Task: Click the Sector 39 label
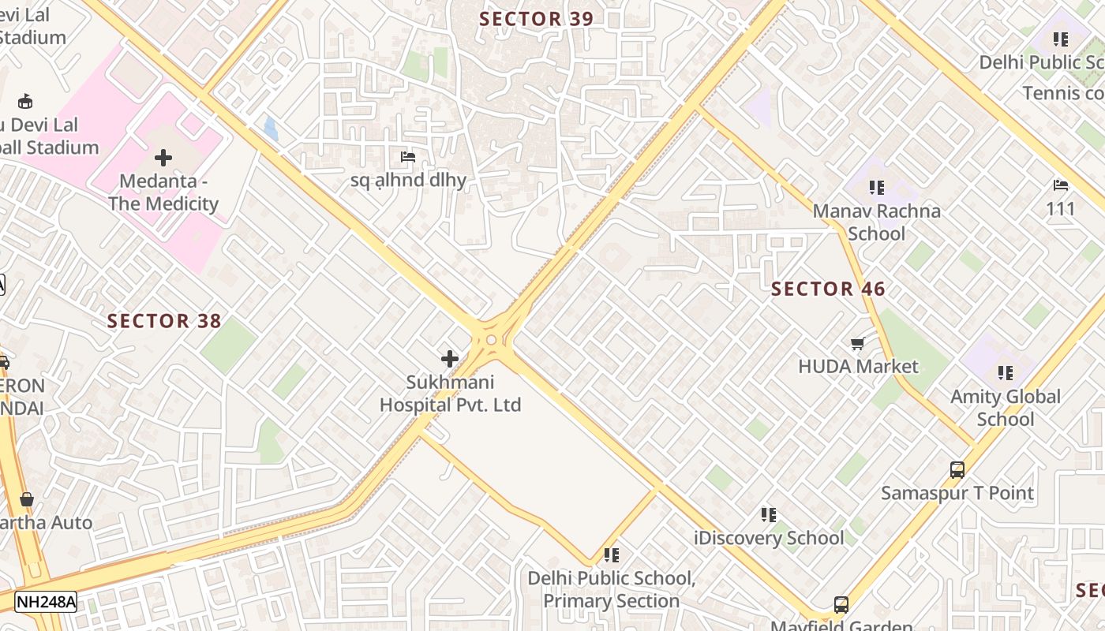click(536, 19)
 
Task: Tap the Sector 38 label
click(164, 321)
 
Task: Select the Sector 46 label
click(828, 289)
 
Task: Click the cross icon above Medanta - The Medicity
click(163, 158)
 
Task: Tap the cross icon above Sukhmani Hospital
click(450, 359)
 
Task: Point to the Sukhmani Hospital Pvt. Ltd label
click(450, 394)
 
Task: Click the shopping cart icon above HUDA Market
click(858, 343)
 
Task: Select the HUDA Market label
click(858, 366)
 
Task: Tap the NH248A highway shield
click(46, 603)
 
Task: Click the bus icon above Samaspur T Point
click(957, 470)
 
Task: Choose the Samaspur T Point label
click(957, 493)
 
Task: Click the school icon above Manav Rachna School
click(877, 188)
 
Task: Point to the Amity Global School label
click(1005, 408)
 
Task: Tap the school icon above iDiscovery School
click(769, 515)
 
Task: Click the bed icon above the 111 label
click(1061, 186)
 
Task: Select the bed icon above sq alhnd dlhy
click(408, 157)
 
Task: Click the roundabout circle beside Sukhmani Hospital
click(492, 340)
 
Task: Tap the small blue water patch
click(271, 129)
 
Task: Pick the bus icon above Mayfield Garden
click(841, 605)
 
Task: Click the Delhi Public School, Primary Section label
click(612, 589)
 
